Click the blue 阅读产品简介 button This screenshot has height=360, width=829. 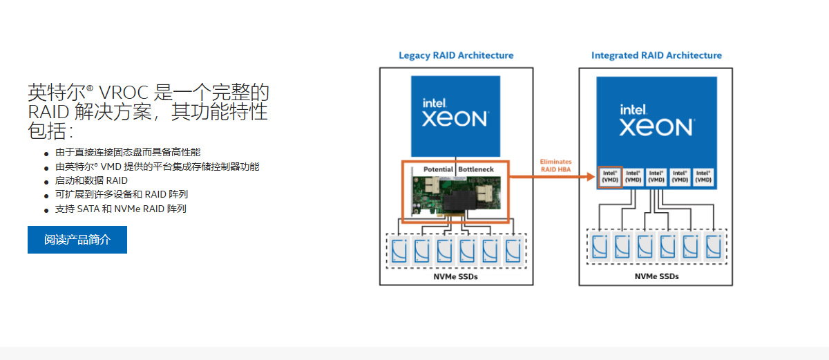(x=77, y=240)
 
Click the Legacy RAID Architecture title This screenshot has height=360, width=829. (x=456, y=55)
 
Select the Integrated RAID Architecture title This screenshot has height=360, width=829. (x=656, y=55)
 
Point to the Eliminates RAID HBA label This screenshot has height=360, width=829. (x=555, y=165)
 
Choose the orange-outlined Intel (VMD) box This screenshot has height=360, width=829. (x=609, y=177)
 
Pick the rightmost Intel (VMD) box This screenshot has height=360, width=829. (x=703, y=177)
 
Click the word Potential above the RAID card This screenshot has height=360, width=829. (x=438, y=169)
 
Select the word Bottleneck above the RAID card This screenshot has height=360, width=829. (x=476, y=169)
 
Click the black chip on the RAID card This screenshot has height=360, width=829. (x=459, y=203)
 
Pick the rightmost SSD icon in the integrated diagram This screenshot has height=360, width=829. (x=713, y=245)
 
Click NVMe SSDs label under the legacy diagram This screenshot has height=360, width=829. (x=455, y=276)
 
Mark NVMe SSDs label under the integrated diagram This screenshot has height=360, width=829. (x=656, y=276)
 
